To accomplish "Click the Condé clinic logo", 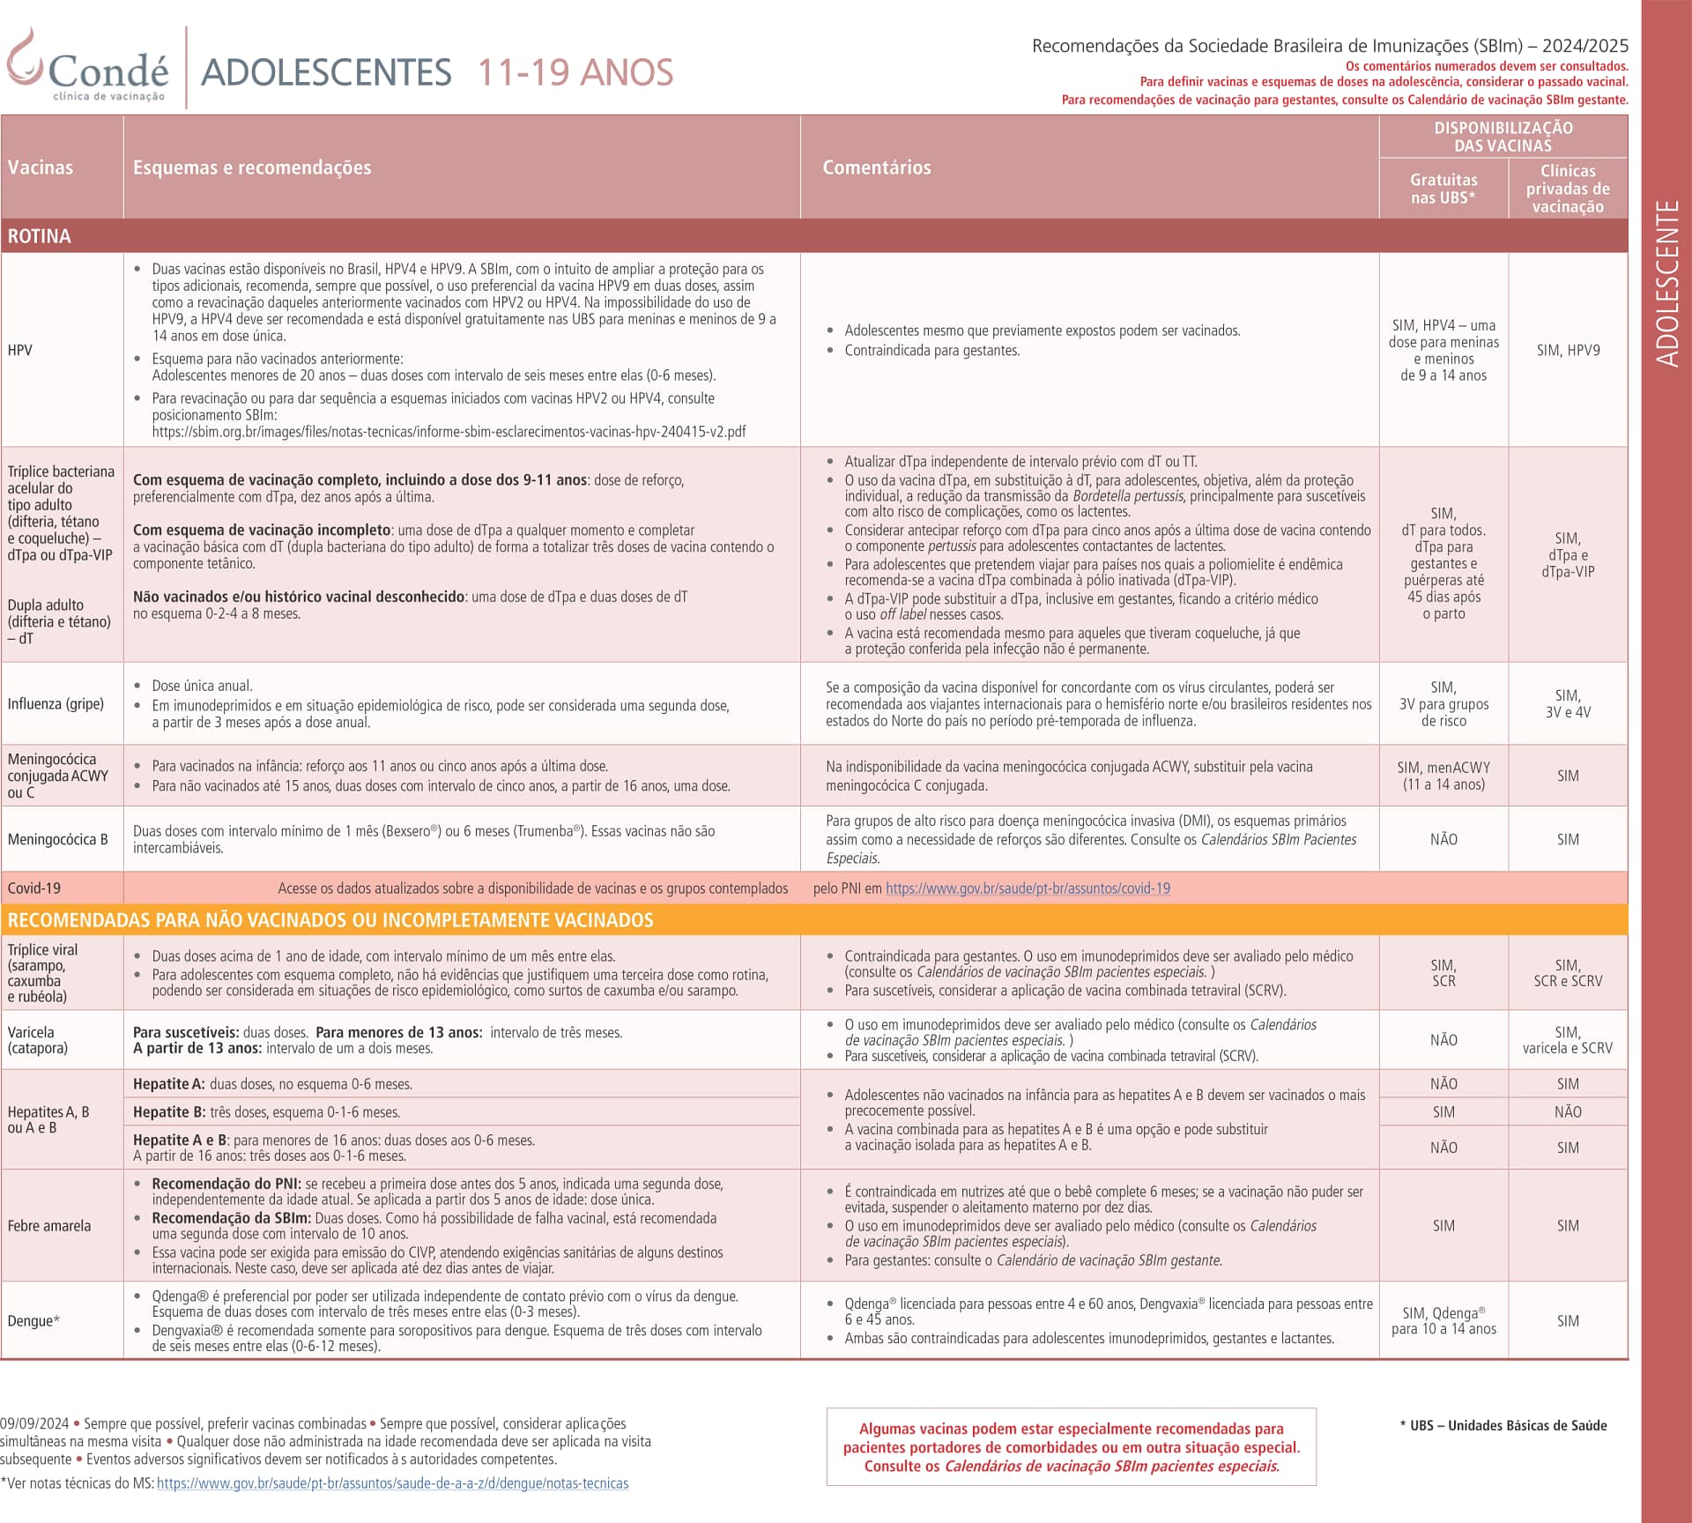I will coord(88,69).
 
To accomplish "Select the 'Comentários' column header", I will coord(876,167).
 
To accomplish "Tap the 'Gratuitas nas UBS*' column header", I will coord(1443,189).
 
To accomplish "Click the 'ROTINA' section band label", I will coord(40,236).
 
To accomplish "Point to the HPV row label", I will coord(20,350).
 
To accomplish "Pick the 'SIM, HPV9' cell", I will coord(1568,350).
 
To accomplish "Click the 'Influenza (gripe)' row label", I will coord(56,703).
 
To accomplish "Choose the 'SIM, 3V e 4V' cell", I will coord(1568,703).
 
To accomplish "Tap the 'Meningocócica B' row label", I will coord(57,839).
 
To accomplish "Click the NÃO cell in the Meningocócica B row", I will coord(1443,839).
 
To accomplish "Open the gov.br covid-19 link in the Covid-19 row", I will coord(1028,888).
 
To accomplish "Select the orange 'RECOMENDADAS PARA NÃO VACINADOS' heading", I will coord(330,920).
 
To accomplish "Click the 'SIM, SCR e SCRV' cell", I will coord(1568,973).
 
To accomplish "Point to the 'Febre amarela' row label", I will coord(49,1225).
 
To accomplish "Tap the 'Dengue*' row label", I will coord(33,1320).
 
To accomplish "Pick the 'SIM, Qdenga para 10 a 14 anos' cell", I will coord(1443,1320).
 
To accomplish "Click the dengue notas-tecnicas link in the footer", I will coord(392,1483).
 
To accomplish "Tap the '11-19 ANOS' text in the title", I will coord(575,72).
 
